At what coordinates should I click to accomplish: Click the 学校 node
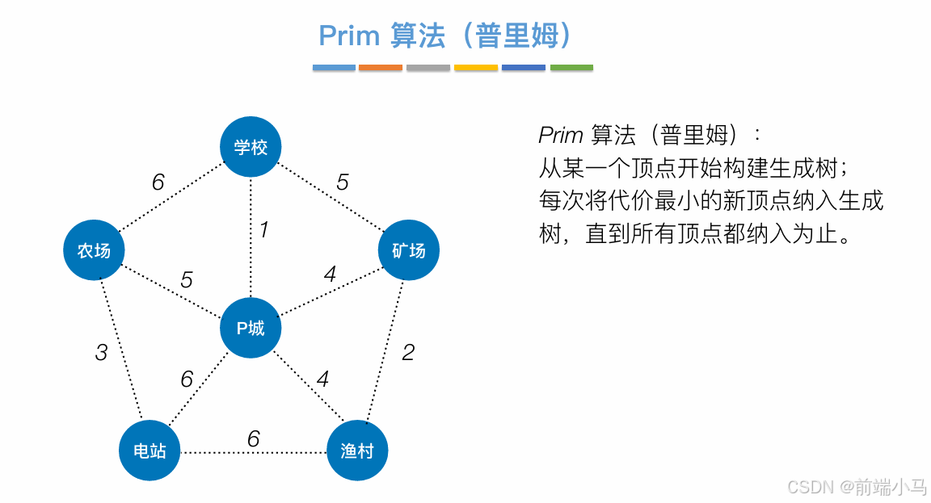tap(251, 147)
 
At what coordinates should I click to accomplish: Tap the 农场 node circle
tap(94, 250)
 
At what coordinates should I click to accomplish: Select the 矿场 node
tap(409, 250)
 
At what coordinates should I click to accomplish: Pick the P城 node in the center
tap(251, 329)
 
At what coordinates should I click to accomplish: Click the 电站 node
tap(150, 451)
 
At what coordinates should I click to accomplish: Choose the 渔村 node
tap(357, 451)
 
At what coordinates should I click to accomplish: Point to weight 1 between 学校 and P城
tap(263, 230)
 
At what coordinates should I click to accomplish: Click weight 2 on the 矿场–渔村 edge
tap(408, 352)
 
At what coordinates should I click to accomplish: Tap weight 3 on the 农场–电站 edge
tap(101, 353)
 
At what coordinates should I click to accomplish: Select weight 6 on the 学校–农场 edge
tap(158, 182)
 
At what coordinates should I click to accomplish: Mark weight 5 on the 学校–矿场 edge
tap(343, 182)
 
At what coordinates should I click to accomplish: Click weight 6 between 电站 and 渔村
tap(253, 438)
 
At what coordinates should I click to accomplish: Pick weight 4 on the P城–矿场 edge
tap(330, 275)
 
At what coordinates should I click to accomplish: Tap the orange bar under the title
tap(381, 68)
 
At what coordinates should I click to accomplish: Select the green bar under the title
tap(571, 68)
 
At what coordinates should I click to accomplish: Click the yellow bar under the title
tap(476, 68)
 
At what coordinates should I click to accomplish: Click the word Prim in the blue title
tap(349, 36)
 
